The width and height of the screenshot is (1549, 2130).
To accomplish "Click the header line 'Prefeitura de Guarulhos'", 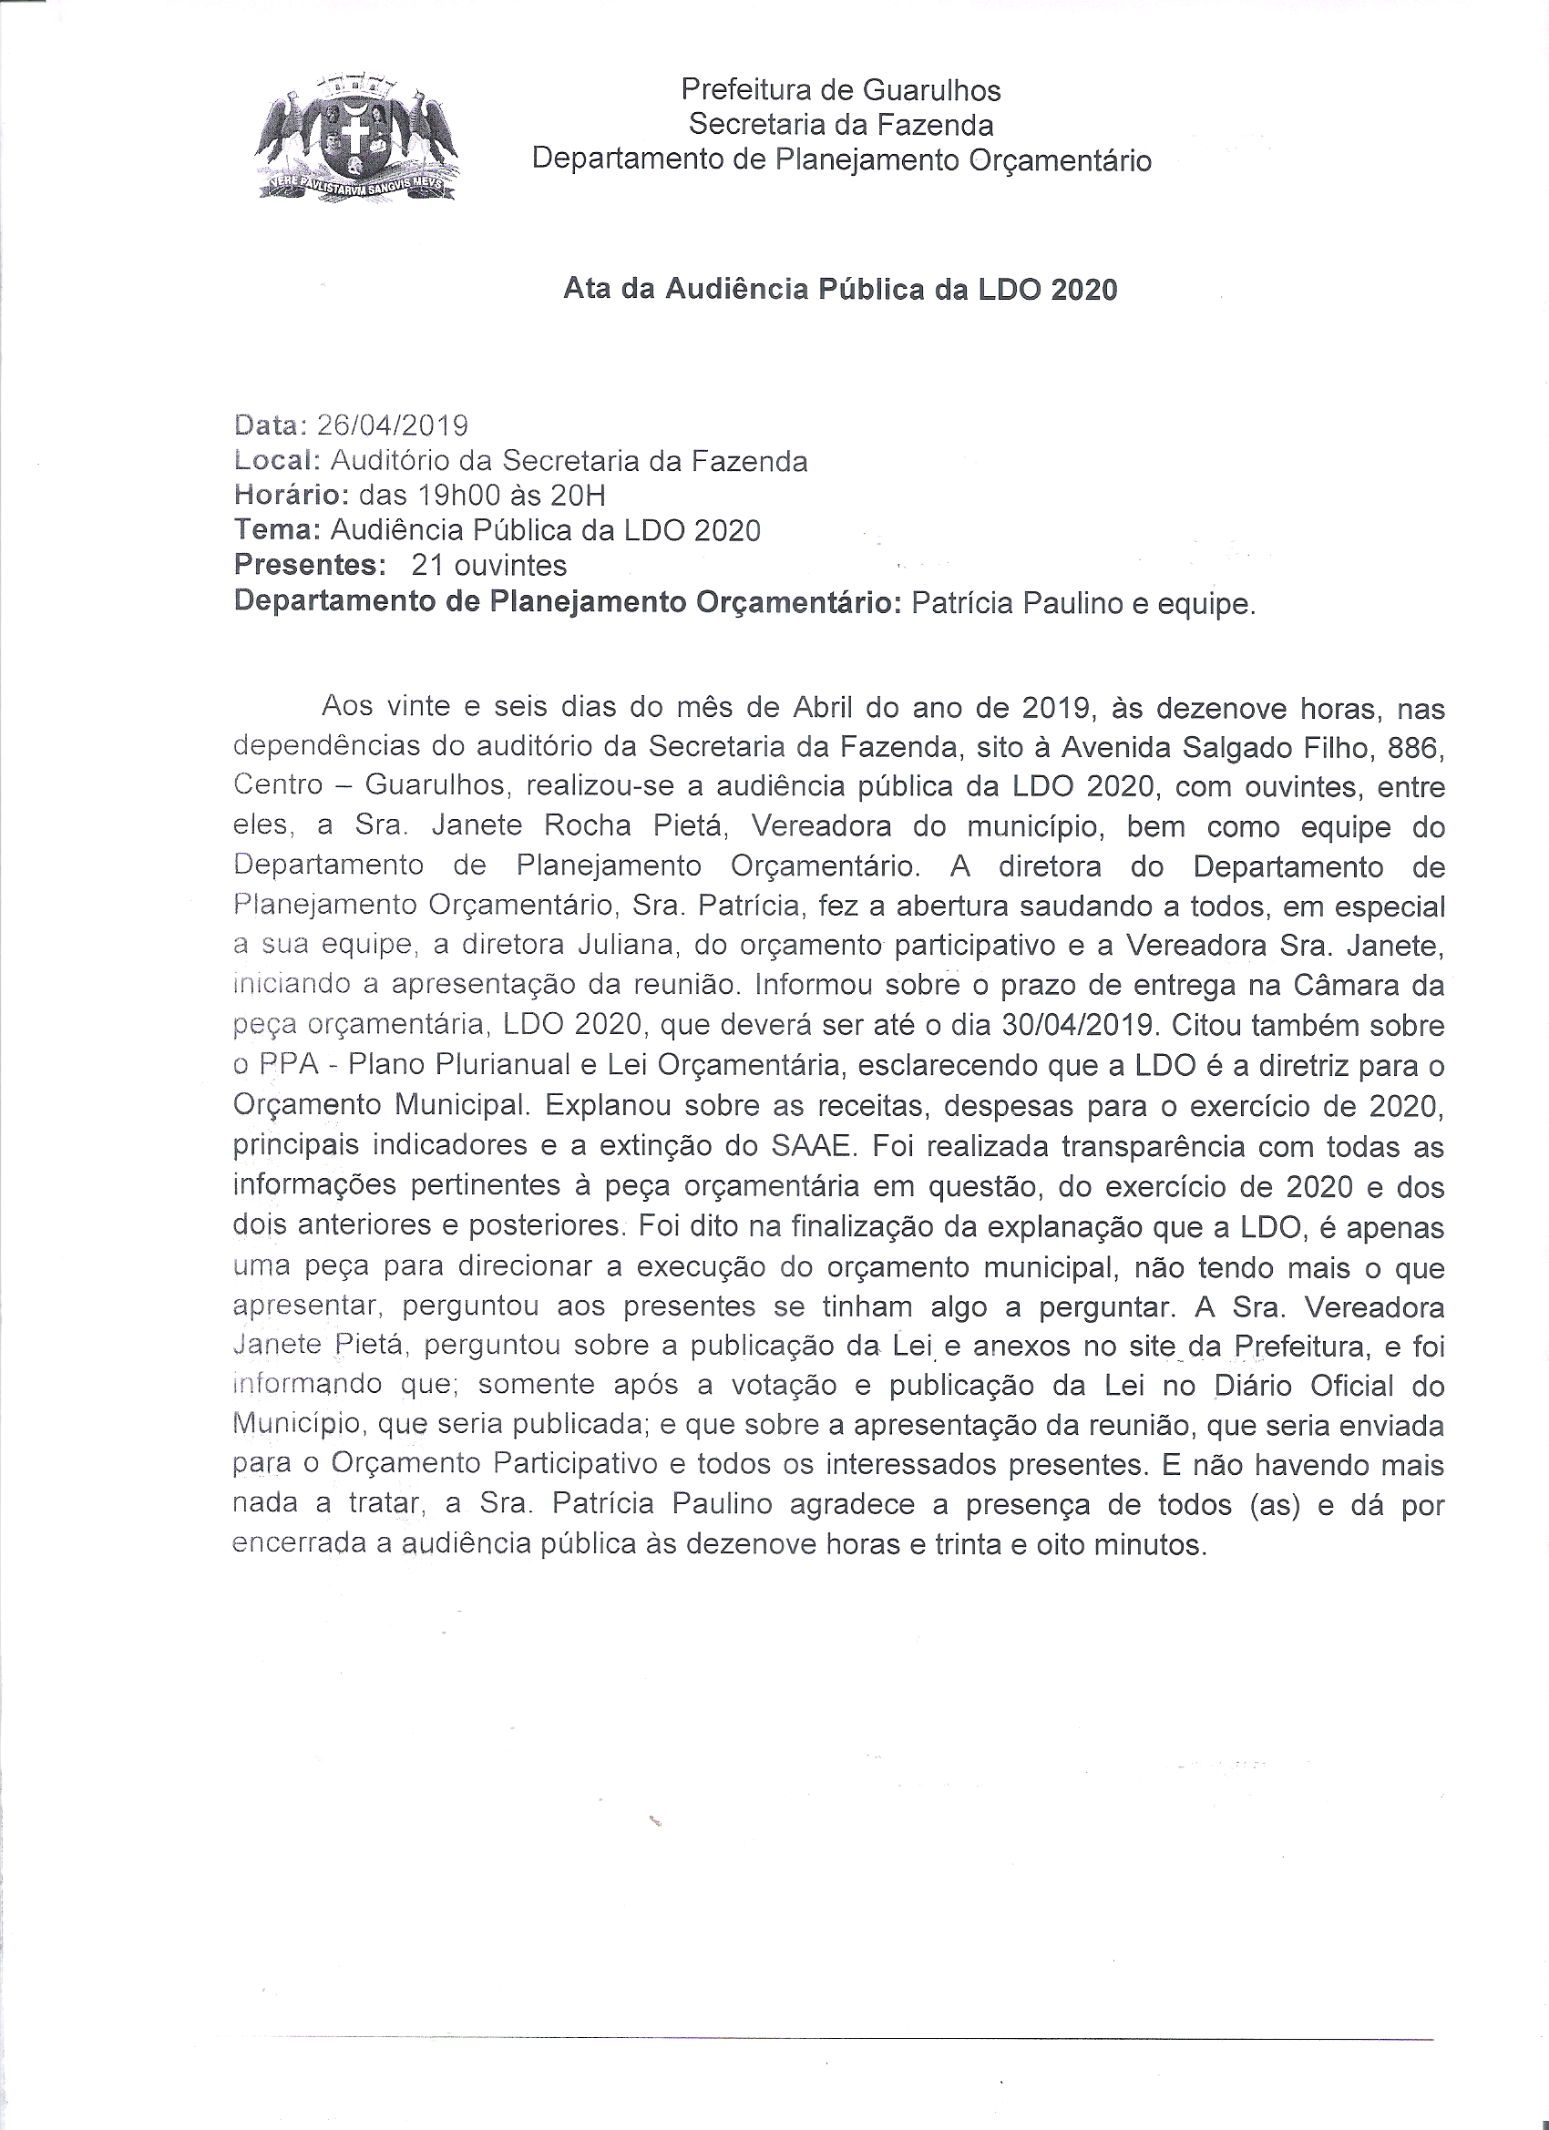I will [x=841, y=90].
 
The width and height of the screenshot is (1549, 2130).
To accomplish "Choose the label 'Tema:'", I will [x=276, y=530].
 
